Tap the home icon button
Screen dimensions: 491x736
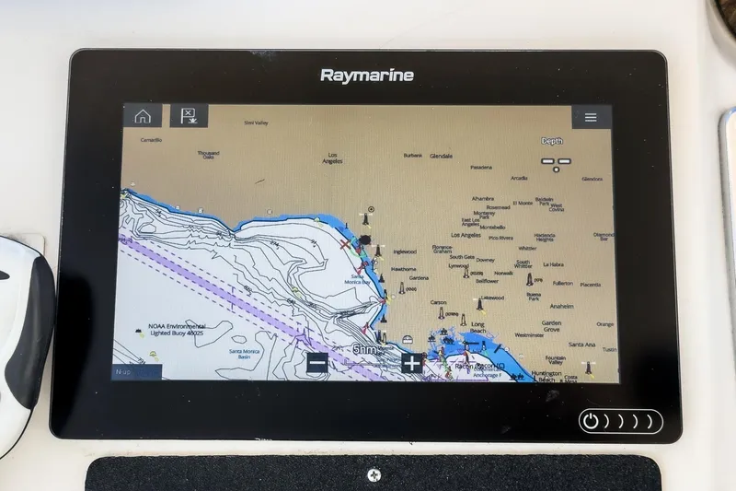point(143,117)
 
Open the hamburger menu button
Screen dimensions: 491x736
point(591,118)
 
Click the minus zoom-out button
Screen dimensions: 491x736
point(317,363)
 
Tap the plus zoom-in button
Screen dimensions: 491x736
point(411,363)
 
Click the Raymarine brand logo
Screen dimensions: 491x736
point(367,76)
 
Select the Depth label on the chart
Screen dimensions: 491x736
point(552,141)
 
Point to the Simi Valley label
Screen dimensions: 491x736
point(256,123)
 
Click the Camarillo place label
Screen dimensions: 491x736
point(150,140)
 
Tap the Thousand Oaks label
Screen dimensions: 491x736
point(208,155)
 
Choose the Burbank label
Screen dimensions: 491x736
point(412,155)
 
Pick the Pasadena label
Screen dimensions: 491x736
point(480,167)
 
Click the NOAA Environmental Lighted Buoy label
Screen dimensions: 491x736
point(177,329)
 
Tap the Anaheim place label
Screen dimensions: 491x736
point(561,306)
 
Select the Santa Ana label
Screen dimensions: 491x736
point(581,345)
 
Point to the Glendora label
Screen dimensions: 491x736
point(592,179)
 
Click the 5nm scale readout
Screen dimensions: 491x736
point(364,350)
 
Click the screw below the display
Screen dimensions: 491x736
point(374,474)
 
